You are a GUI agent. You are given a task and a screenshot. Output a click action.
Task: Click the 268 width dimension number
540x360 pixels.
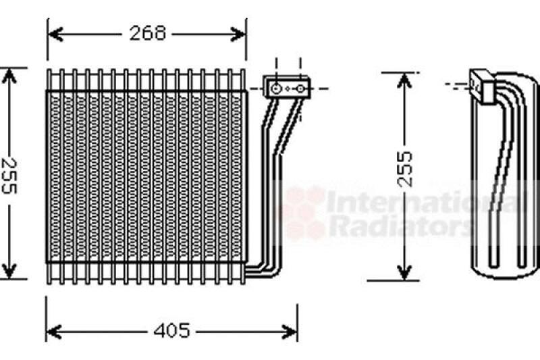pos(148,33)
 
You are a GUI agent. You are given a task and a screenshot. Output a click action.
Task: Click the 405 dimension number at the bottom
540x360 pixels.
pos(171,331)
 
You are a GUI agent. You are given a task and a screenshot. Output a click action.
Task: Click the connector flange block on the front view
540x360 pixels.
pos(288,88)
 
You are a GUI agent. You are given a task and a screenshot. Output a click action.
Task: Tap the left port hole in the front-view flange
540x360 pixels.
pos(276,88)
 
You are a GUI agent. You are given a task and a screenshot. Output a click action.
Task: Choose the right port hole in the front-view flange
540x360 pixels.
pos(302,88)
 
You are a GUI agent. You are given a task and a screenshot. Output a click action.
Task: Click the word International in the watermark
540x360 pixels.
pos(425,202)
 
